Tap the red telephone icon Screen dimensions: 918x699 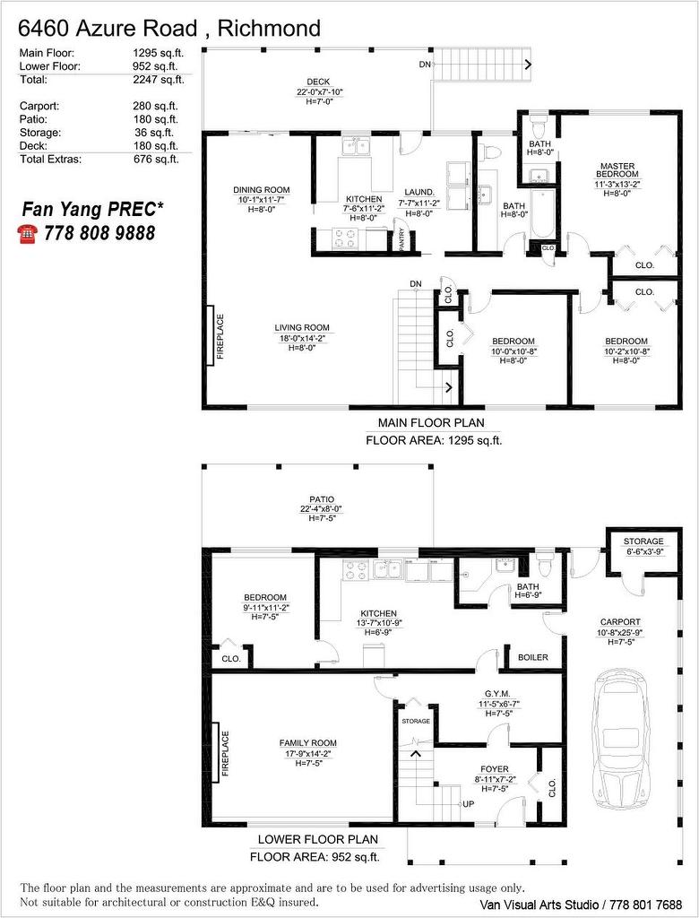27,233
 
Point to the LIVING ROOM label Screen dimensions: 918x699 302,327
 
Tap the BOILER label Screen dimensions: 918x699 533,657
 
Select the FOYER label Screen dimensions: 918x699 494,769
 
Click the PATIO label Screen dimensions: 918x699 321,499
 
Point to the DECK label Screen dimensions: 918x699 319,82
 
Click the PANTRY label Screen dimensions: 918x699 402,240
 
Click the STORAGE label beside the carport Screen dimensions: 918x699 643,541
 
